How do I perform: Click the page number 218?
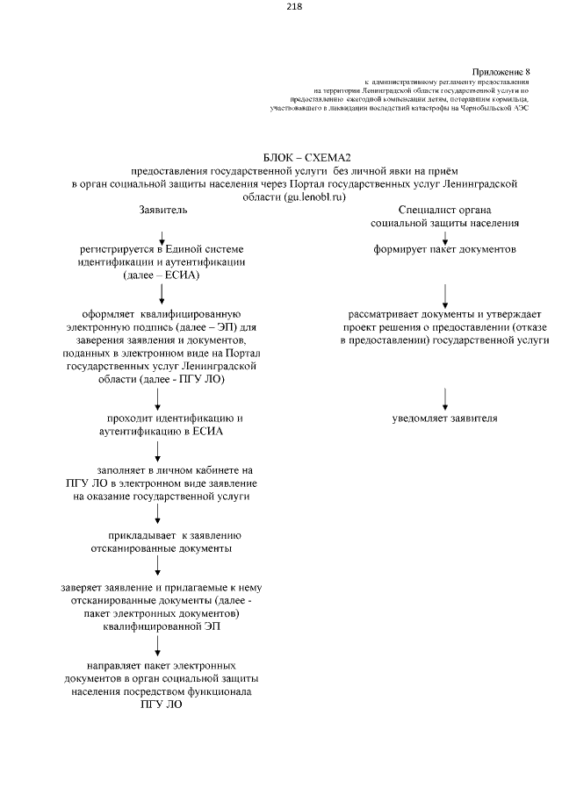pos(294,7)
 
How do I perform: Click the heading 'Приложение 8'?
pos(501,70)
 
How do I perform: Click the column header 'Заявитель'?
pos(162,211)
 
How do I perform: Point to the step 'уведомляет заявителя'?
pos(444,418)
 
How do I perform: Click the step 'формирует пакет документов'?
pos(444,250)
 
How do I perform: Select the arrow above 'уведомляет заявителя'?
pos(446,397)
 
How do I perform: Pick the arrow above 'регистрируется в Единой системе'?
pos(162,237)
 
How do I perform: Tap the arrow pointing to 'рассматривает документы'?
pos(446,295)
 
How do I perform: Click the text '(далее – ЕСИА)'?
pos(162,275)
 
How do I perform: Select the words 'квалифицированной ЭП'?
pos(161,626)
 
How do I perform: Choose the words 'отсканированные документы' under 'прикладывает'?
pos(162,548)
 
